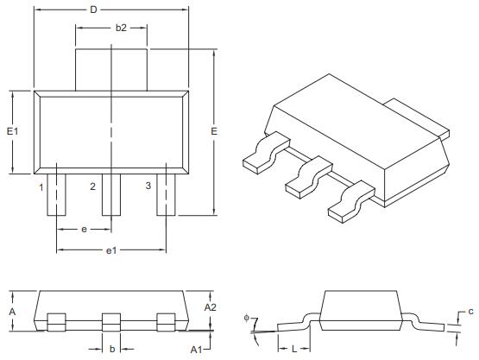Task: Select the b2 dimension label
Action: (122, 28)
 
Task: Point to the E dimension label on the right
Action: (213, 131)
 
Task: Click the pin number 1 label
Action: (41, 186)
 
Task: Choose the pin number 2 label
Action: (92, 186)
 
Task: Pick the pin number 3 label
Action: (148, 186)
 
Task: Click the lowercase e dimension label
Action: (84, 230)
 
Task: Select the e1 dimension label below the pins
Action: (110, 249)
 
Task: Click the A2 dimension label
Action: (210, 306)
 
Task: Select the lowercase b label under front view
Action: (111, 349)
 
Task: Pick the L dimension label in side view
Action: (294, 349)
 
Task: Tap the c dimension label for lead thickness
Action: (470, 311)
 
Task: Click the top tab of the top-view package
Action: (112, 69)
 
